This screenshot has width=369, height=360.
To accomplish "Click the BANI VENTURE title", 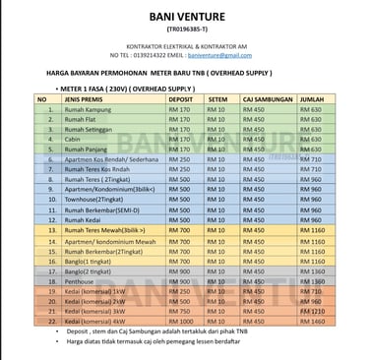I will (x=184, y=17).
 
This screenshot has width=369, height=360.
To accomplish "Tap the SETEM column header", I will (x=218, y=99).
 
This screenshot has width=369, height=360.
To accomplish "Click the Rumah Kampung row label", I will (x=86, y=110).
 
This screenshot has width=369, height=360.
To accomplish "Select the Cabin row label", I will (x=71, y=139).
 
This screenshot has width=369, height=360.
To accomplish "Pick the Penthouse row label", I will (x=80, y=281).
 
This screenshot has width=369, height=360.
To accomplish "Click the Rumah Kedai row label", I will (x=80, y=219).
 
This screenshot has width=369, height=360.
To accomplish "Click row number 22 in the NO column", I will (x=47, y=322).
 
